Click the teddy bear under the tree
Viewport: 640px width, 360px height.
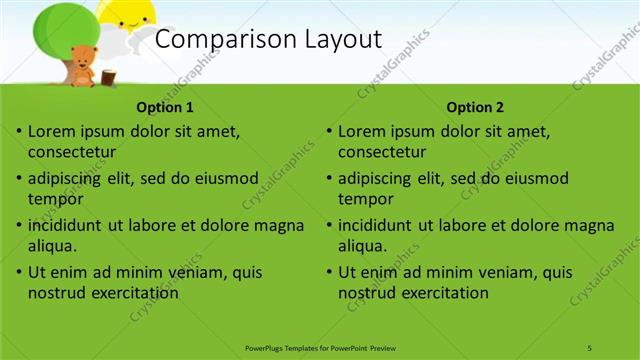pyautogui.click(x=82, y=63)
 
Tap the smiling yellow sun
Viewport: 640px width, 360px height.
pyautogui.click(x=128, y=13)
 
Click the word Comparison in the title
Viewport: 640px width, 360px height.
pyautogui.click(x=215, y=40)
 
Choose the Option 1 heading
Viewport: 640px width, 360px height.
pyautogui.click(x=164, y=108)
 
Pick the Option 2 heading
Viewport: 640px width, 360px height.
pyautogui.click(x=475, y=108)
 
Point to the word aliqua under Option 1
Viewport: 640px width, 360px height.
pyautogui.click(x=52, y=245)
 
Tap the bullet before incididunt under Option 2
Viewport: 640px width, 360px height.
pyautogui.click(x=329, y=225)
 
